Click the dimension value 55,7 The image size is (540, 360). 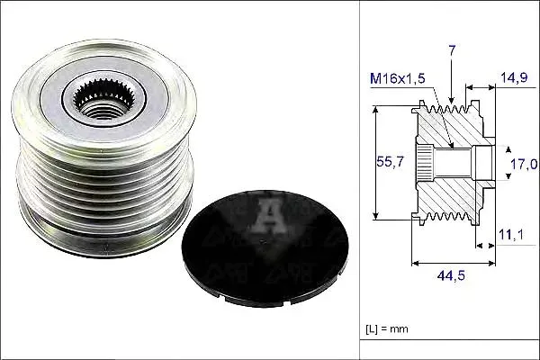(x=390, y=162)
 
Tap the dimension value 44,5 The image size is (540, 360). (x=451, y=275)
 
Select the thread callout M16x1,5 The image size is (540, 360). (x=398, y=78)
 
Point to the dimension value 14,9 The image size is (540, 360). (x=514, y=77)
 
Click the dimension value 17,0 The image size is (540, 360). (x=524, y=165)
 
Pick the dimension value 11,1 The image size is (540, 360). (x=511, y=235)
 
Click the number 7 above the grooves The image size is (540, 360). (x=452, y=50)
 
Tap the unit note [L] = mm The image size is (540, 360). (x=387, y=329)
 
